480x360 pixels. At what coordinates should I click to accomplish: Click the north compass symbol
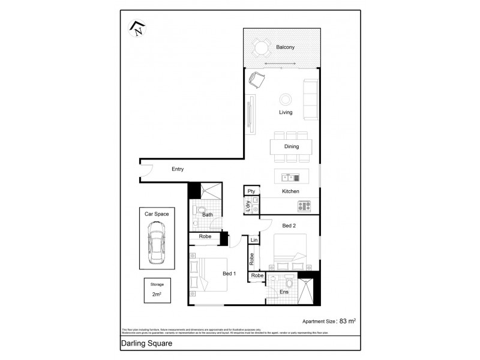coord(138,28)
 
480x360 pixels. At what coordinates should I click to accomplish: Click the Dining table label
coord(292,146)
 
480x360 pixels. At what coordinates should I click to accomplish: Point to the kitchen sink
coord(290,178)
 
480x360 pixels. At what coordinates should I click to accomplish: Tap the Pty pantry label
coord(251,191)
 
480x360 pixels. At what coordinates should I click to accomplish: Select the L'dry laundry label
coord(248,206)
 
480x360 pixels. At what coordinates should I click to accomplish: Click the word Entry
coord(178,169)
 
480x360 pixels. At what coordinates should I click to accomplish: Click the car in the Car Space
coord(158,243)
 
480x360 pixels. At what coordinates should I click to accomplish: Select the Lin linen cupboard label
coord(254,241)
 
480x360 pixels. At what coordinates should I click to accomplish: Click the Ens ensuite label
coord(284,292)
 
